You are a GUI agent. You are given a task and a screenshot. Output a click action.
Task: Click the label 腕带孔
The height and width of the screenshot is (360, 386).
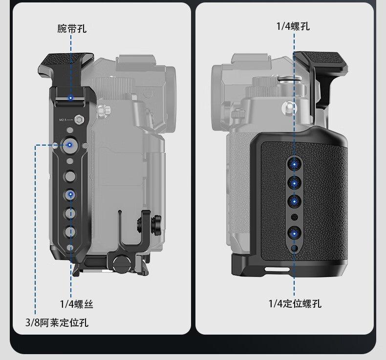(72, 28)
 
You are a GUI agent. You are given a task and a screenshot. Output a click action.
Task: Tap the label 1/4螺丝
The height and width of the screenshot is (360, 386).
(77, 304)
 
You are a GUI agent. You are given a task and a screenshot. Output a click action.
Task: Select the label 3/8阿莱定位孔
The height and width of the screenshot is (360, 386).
(57, 322)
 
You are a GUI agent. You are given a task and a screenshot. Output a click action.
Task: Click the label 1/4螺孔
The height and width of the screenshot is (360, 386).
(293, 26)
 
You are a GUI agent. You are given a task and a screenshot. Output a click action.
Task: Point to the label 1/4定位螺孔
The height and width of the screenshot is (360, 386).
(295, 304)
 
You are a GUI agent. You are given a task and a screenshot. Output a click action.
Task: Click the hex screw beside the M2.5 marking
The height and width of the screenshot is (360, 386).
(79, 120)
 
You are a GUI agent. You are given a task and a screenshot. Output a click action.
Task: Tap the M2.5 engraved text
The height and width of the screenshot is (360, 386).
(63, 120)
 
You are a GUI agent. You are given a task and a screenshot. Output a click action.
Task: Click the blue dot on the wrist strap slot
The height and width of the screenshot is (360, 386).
(71, 98)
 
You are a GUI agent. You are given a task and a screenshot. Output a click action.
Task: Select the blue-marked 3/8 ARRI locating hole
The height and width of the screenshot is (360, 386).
(69, 145)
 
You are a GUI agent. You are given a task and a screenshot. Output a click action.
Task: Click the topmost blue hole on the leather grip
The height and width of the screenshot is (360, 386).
(294, 164)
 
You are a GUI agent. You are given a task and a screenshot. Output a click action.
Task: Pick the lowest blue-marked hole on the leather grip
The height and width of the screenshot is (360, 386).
(294, 233)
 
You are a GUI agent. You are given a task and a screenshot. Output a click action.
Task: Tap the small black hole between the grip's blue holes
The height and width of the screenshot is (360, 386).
(294, 217)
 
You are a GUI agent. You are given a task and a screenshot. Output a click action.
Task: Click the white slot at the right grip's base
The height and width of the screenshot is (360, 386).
(277, 269)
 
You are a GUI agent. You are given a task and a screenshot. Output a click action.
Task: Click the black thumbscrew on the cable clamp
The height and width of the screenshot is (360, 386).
(156, 222)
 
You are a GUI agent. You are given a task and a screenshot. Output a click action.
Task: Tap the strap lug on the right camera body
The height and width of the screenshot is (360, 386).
(288, 108)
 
